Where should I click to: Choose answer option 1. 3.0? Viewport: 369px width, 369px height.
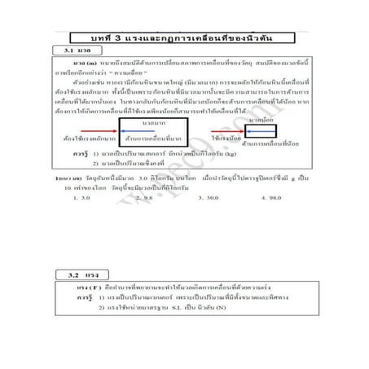(x=81, y=197)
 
